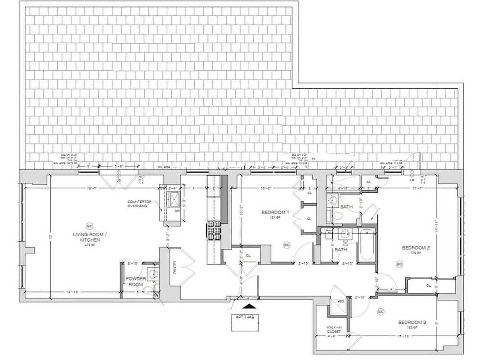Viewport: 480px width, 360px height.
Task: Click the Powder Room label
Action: pyautogui.click(x=135, y=281)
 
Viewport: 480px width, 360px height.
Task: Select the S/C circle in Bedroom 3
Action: pyautogui.click(x=381, y=311)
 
